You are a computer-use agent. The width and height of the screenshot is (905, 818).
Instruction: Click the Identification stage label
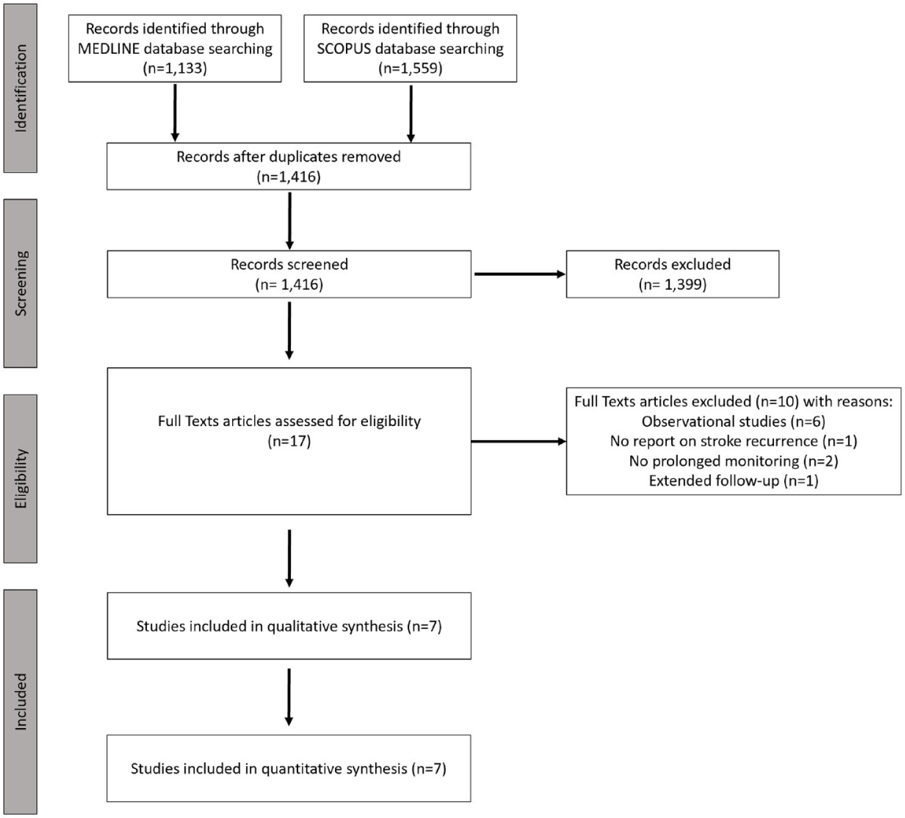point(21,88)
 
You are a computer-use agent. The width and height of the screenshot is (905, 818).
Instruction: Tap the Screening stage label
point(21,283)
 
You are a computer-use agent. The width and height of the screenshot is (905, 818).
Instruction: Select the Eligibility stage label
point(21,479)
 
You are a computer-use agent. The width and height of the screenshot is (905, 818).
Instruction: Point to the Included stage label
point(21,701)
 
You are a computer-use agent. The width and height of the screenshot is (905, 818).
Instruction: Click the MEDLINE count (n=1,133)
point(175,68)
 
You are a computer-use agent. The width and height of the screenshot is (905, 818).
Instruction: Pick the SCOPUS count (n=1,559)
point(410,68)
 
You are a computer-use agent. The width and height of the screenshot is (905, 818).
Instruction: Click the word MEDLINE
point(108,49)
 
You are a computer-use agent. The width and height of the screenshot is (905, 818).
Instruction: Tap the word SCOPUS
point(344,49)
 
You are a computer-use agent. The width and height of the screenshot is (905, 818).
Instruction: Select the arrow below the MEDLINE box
point(175,112)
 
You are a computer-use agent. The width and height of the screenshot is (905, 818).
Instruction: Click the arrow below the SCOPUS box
point(410,114)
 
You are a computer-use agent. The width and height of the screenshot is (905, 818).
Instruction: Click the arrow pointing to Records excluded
point(520,274)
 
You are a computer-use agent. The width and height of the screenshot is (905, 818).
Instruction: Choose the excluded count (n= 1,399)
point(673,284)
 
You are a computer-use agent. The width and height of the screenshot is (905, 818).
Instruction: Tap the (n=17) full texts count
point(289,441)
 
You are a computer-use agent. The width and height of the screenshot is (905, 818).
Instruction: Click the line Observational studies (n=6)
point(734,421)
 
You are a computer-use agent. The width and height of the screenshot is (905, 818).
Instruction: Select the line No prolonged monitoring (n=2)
point(734,460)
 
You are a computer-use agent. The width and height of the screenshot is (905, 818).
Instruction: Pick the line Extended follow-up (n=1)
point(734,481)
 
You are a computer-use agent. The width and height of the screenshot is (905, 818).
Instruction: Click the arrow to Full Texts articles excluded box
point(519,441)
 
